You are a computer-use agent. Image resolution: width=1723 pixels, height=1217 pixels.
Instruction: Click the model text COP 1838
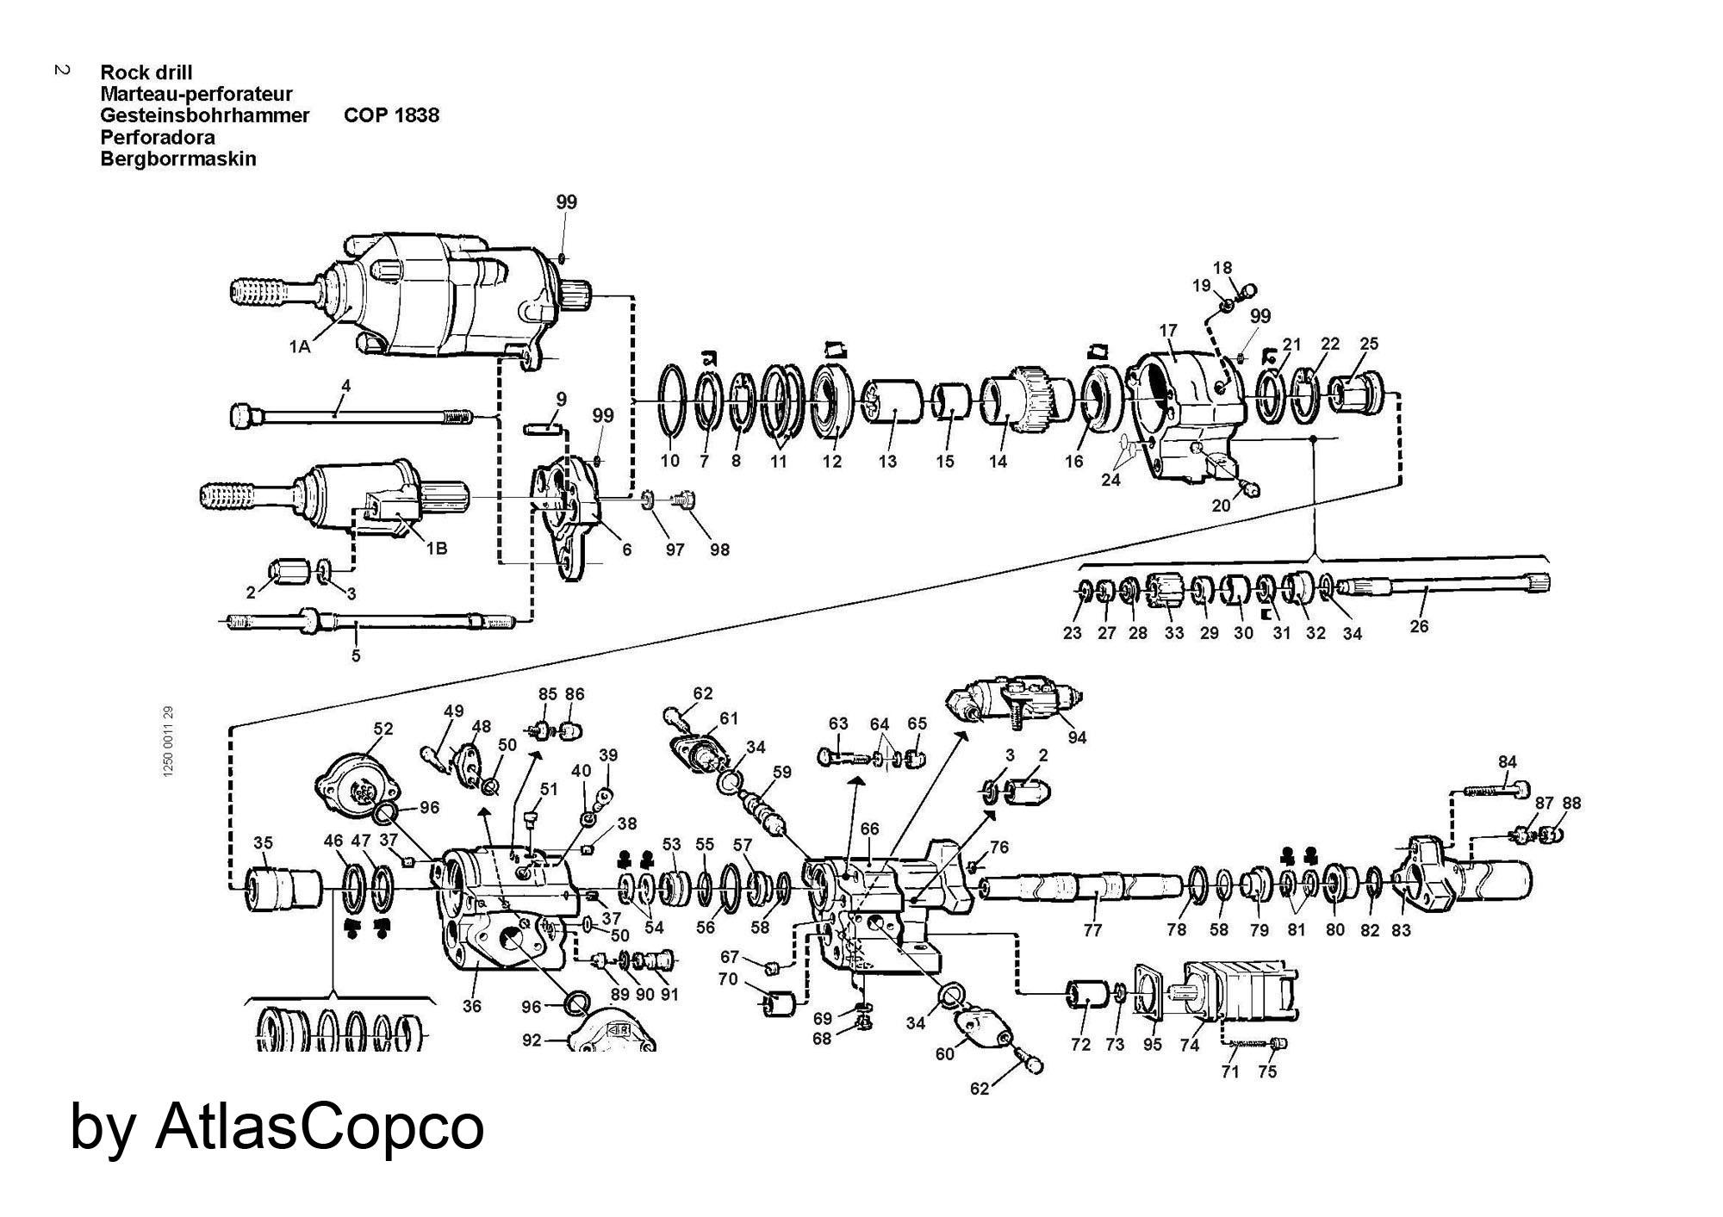coord(391,115)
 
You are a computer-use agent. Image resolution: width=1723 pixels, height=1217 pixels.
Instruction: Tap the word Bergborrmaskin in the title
coord(178,158)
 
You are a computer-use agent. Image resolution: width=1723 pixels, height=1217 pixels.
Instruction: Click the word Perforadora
coord(158,137)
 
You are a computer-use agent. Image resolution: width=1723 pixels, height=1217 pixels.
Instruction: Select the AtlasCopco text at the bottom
coord(320,1127)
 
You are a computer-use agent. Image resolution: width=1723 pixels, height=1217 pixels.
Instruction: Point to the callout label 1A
coord(299,347)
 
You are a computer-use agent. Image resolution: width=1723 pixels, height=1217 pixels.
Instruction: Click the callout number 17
coord(1168,330)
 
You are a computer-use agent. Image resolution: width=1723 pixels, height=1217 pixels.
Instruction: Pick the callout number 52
coord(383,729)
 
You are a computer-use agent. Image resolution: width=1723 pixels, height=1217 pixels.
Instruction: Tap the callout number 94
coord(1077,737)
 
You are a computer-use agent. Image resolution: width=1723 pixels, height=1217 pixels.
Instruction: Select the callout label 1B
coord(437,548)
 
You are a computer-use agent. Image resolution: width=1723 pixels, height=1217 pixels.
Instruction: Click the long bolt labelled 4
coord(351,417)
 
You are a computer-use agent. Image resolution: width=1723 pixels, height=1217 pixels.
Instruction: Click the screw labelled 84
coord(1497,789)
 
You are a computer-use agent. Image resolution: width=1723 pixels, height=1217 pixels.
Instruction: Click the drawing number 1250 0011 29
coord(168,742)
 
